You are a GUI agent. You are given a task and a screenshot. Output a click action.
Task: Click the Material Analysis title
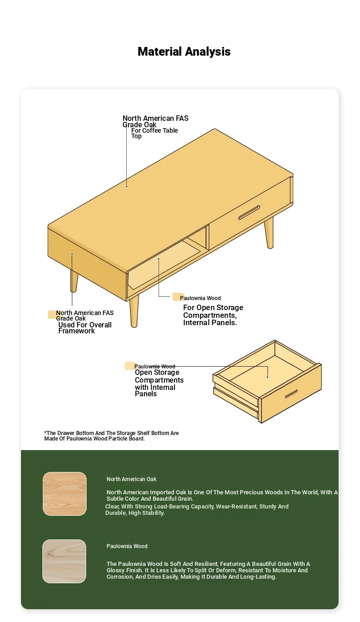click(184, 52)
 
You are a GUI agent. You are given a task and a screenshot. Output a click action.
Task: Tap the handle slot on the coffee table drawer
click(249, 213)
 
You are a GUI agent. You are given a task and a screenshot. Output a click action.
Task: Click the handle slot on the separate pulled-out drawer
click(291, 394)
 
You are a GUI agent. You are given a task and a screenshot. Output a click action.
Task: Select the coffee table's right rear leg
click(269, 233)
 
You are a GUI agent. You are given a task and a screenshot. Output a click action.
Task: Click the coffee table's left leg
click(74, 281)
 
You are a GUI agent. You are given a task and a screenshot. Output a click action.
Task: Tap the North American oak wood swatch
click(65, 494)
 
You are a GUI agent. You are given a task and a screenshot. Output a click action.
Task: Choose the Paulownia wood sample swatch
click(64, 561)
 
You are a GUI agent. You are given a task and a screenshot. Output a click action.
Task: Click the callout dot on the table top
click(127, 187)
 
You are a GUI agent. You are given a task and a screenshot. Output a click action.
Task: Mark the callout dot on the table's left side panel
click(72, 254)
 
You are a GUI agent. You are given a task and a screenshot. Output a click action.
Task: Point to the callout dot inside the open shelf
click(159, 259)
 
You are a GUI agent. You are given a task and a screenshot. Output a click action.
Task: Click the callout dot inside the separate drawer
click(267, 377)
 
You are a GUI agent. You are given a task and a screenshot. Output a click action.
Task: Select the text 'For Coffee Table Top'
click(154, 133)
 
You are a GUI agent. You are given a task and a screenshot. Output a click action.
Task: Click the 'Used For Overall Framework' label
click(85, 328)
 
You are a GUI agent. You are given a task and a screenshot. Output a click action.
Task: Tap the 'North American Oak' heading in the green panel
click(131, 479)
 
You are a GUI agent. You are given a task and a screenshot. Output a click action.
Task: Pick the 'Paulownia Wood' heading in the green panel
click(127, 546)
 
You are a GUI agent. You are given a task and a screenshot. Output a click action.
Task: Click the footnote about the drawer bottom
click(111, 435)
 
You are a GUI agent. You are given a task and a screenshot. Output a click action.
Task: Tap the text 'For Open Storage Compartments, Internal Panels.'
click(213, 315)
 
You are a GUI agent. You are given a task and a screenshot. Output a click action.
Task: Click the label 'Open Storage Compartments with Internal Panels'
click(159, 383)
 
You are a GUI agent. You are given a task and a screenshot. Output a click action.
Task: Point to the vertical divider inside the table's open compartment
click(207, 238)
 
